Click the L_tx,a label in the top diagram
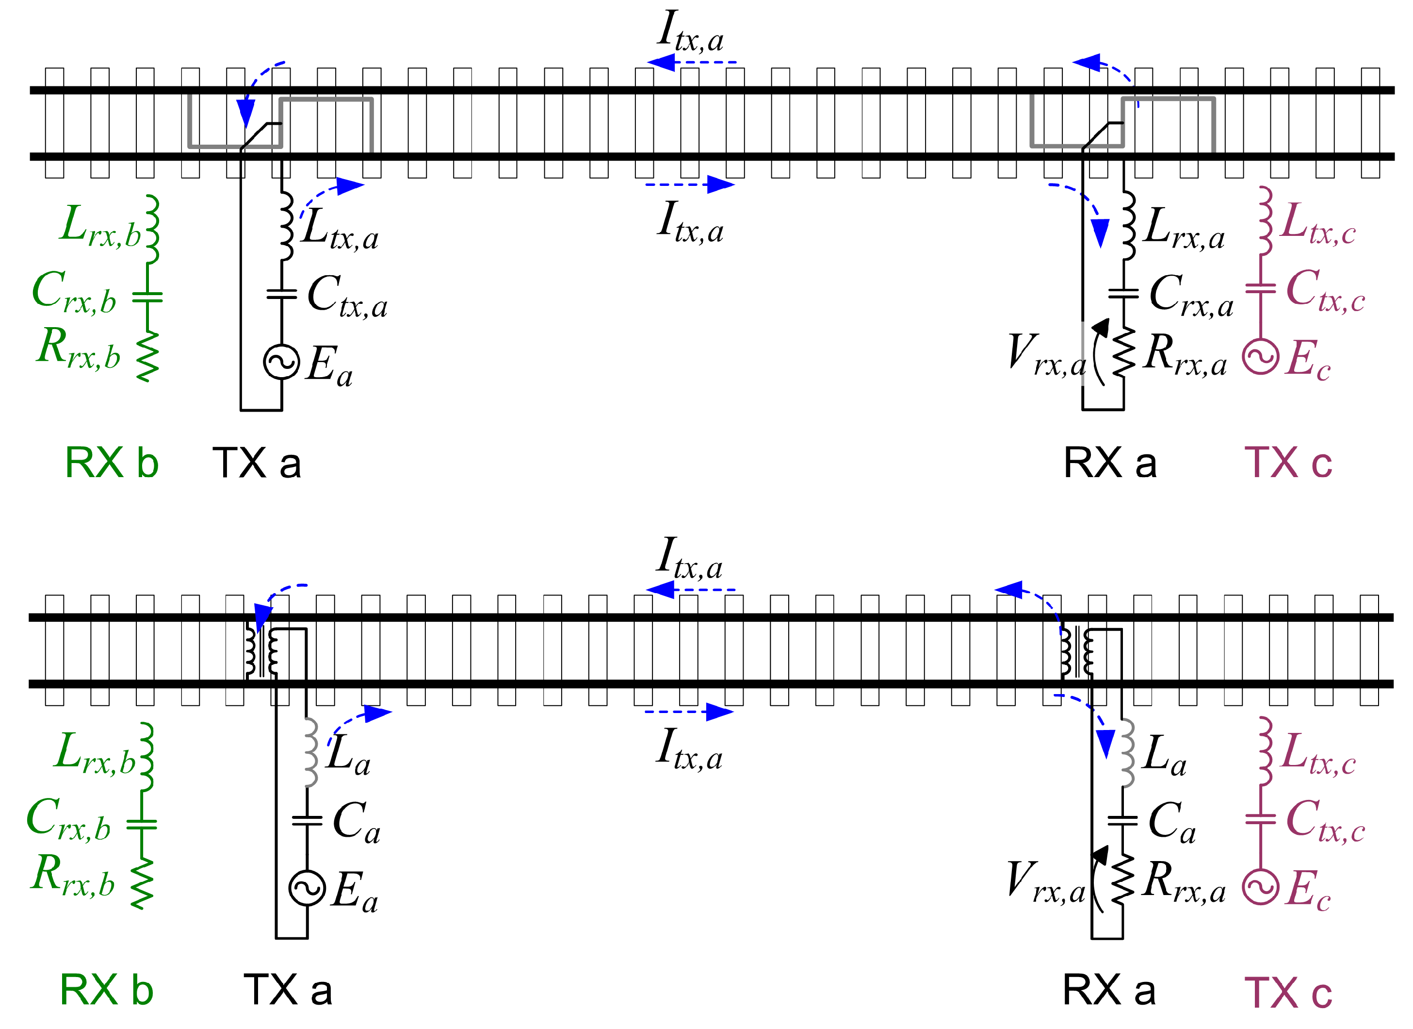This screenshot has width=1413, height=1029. [340, 230]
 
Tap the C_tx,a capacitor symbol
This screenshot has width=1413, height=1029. [282, 294]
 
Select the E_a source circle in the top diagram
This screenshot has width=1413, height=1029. [282, 362]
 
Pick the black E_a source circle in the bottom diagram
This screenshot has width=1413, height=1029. [307, 888]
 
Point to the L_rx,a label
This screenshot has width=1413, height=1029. [1184, 230]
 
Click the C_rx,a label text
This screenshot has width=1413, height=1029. [1190, 296]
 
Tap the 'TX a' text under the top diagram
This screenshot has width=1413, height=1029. [257, 463]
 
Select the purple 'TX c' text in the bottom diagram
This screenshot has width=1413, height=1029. [1288, 992]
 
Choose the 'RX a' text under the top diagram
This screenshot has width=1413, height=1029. [1110, 463]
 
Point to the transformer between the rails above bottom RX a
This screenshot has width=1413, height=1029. [1076, 652]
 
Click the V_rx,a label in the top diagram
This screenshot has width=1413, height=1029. [1047, 355]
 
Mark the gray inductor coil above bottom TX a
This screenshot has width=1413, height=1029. [311, 752]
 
